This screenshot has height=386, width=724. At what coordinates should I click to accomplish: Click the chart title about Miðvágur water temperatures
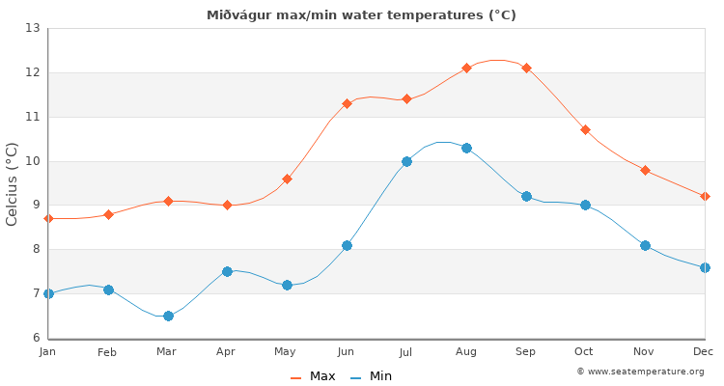pos(361,15)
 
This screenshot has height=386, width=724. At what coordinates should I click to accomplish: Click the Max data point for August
pos(466,68)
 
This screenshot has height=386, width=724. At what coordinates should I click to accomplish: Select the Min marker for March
pos(168,316)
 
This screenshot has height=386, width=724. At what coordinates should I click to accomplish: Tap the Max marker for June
pos(347,103)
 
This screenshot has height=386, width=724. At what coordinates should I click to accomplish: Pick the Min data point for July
pos(406,161)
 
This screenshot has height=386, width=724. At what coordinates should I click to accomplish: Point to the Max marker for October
pos(585,129)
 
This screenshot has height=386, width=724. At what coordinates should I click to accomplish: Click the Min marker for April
pos(227,271)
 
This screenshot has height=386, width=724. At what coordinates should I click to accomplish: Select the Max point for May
pos(287,179)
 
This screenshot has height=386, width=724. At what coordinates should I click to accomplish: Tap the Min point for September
pos(526,196)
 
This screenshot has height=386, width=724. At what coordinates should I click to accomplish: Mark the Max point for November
pos(645,170)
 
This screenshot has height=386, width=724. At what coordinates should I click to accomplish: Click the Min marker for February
pos(108,289)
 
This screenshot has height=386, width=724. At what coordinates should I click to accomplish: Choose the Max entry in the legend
pos(314,376)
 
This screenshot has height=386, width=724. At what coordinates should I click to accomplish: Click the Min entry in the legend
pos(372,376)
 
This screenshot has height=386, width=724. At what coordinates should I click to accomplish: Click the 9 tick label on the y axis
pos(35,205)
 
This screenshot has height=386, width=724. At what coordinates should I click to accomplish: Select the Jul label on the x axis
pos(406,352)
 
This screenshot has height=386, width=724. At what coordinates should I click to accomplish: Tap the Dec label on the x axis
pos(703,352)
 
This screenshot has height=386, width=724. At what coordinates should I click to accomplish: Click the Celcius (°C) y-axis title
pos(13,183)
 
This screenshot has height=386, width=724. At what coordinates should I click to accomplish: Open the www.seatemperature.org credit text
pos(640,372)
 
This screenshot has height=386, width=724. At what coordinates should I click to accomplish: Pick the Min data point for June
pos(347,245)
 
